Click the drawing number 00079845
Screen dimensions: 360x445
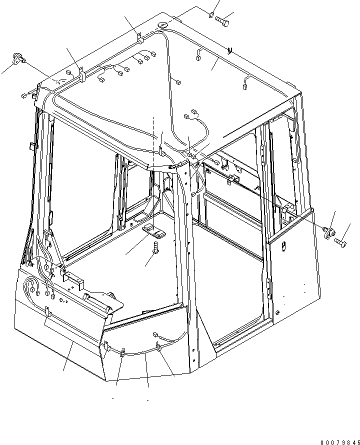[x=340, y=442]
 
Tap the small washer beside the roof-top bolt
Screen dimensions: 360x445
[x=210, y=14]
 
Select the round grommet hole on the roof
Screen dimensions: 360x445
[x=162, y=25]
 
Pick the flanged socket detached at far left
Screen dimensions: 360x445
[x=18, y=58]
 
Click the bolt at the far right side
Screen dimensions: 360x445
[x=340, y=242]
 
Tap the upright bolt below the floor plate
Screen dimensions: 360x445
[x=155, y=247]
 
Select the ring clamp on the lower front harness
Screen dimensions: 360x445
[x=158, y=347]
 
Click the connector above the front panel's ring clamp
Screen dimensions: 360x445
[x=155, y=334]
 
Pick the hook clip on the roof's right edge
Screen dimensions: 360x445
[x=229, y=50]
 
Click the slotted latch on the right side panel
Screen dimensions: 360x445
[x=283, y=246]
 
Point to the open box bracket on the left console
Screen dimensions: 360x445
[x=73, y=280]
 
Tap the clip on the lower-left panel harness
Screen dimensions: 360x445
[x=47, y=311]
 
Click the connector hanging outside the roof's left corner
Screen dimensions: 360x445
[x=24, y=96]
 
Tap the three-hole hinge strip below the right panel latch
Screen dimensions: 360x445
[x=268, y=288]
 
